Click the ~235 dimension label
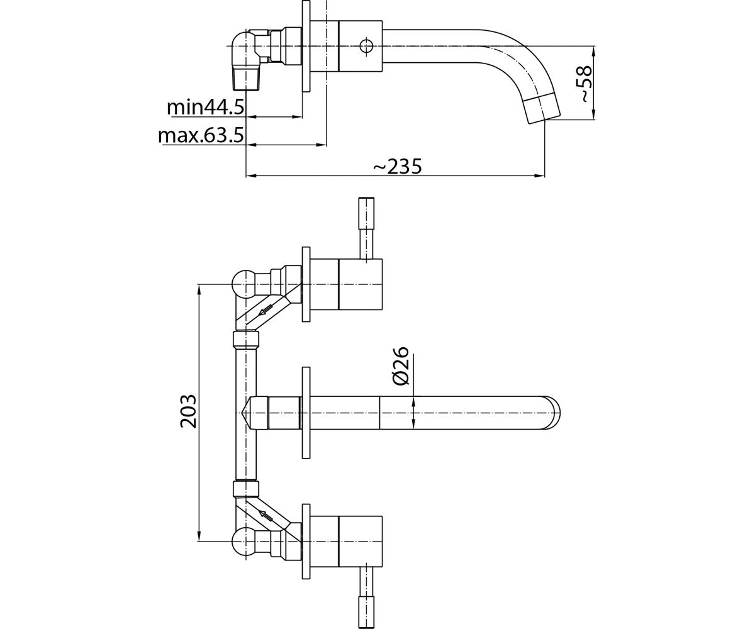398,166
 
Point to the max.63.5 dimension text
201,135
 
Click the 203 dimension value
188,412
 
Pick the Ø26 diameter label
400,366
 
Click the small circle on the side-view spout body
366,46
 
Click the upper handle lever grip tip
366,213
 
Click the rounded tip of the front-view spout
552,413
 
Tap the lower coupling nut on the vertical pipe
246,488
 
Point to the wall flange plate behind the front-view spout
306,413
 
